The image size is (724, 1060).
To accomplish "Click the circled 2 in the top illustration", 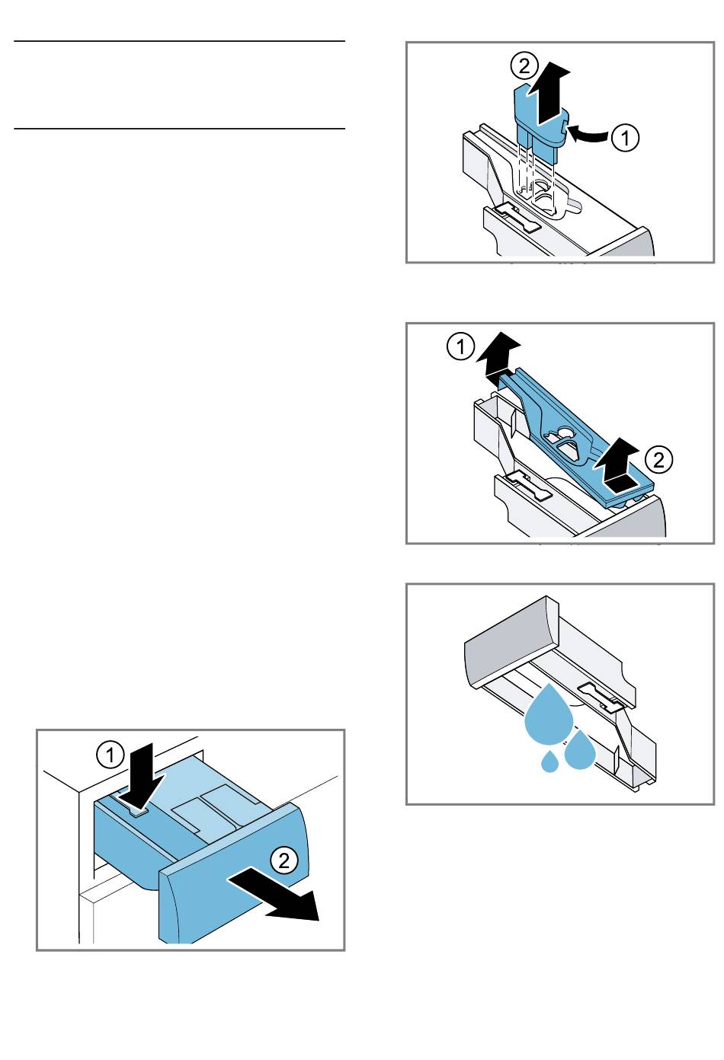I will coord(524,66).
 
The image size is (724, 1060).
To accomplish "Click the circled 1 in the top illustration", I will coord(626,138).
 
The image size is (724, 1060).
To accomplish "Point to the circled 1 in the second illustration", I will coord(460,347).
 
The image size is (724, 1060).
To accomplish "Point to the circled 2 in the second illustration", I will coord(658,458).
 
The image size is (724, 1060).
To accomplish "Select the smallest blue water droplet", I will coord(549,761).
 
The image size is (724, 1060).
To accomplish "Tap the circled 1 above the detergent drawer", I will coord(111,755).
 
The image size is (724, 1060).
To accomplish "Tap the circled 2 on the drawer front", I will coord(284,860).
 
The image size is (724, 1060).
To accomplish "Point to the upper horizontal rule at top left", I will coord(179,41).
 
